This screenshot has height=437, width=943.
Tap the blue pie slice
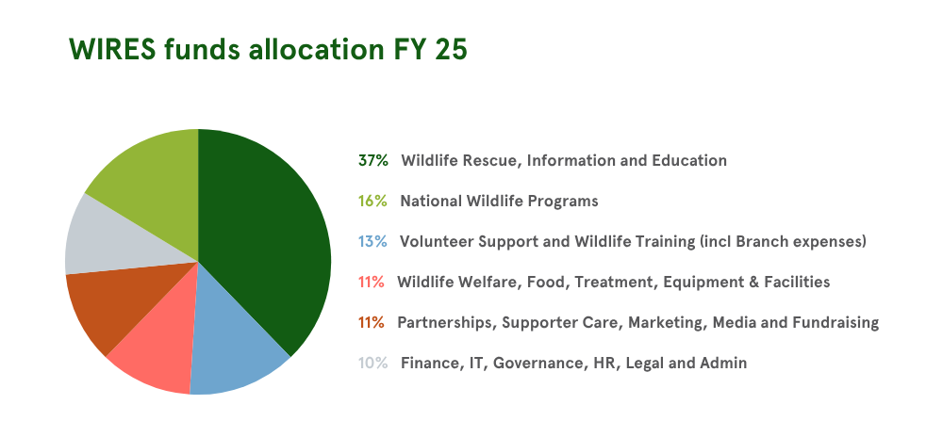coord(236,348)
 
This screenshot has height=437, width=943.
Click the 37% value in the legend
coord(372,160)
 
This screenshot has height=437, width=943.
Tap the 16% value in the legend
coord(372,201)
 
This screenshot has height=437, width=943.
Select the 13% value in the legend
coord(372,241)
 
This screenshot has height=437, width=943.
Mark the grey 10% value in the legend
coord(372,363)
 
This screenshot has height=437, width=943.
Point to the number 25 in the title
coord(451,50)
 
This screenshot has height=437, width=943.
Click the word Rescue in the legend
coord(490,160)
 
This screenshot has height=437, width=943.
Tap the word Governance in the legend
coord(535,363)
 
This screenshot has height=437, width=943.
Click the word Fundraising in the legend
coord(835,322)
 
